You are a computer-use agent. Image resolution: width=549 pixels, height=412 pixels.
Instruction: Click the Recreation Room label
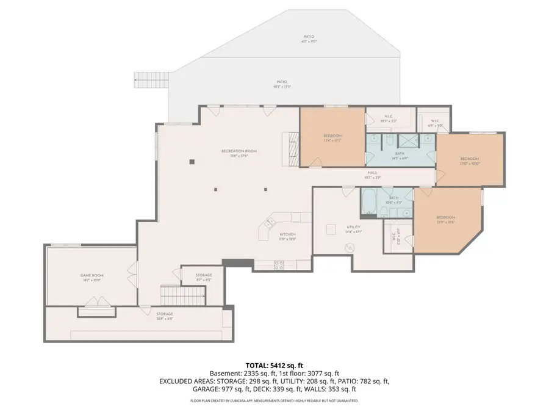(239, 153)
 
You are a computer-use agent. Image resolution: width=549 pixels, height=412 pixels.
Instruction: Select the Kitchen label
(288, 236)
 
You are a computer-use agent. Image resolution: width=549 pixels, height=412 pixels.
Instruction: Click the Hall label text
(372, 175)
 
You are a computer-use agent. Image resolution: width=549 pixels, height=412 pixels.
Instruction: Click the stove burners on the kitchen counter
(280, 266)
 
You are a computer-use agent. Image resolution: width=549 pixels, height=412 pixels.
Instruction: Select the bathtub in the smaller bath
(368, 203)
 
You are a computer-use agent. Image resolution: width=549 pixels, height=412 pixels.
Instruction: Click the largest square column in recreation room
(192, 162)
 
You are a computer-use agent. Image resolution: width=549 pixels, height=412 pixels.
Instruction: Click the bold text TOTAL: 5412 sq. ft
(274, 364)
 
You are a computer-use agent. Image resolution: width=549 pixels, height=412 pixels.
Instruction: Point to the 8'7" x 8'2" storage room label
(204, 277)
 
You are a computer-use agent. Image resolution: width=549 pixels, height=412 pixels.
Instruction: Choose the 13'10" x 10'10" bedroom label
(470, 161)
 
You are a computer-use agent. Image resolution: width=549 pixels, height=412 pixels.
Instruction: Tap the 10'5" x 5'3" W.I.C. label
(388, 118)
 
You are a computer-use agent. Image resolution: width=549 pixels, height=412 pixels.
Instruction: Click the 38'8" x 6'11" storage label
(148, 316)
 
